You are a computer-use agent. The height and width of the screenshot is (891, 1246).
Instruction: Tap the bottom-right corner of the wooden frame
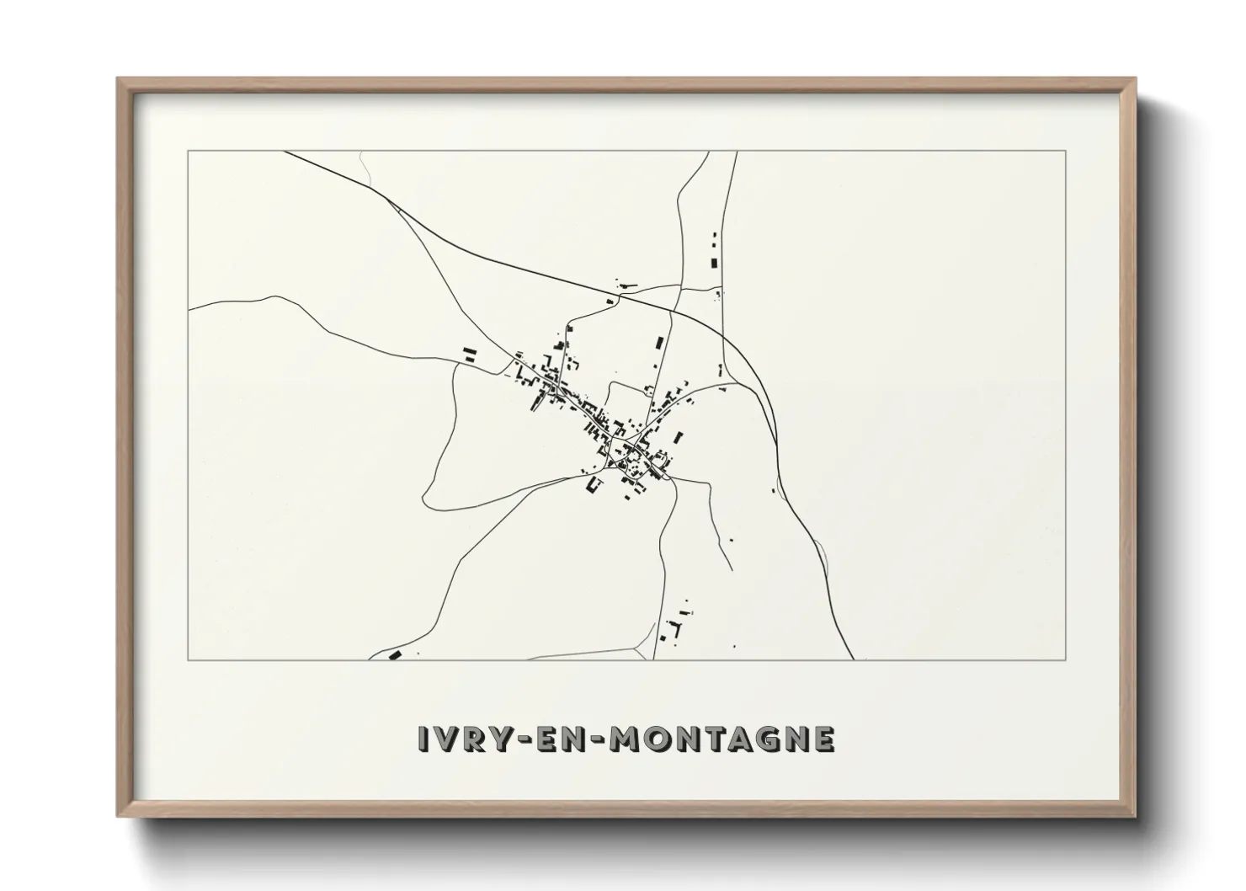(x=1135, y=816)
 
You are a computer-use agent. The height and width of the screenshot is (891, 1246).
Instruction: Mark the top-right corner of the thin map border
(x=1066, y=151)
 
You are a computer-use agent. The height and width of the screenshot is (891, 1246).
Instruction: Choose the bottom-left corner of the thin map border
(x=188, y=659)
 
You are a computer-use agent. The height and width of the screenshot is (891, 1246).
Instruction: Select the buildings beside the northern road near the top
(x=716, y=253)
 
